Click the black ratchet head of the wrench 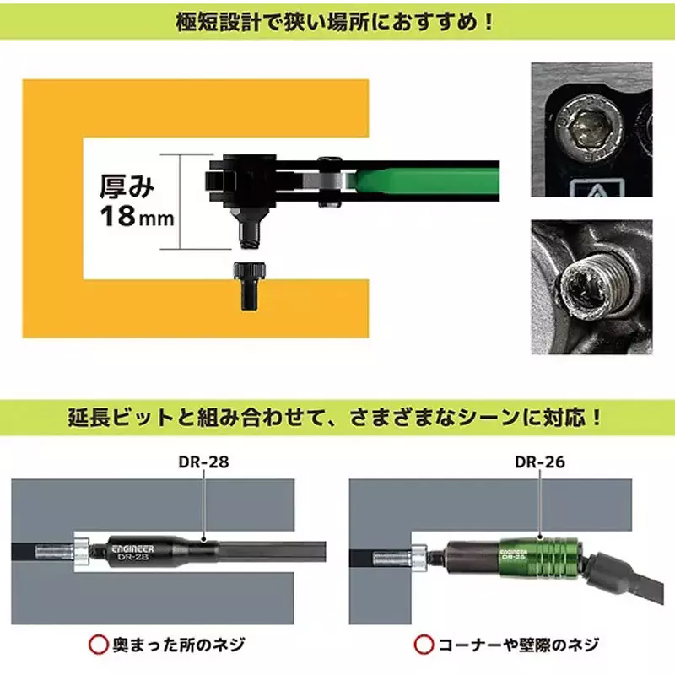coord(240,179)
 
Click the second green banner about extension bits coord(337,418)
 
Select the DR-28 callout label coord(205,462)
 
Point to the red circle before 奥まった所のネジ coord(100,645)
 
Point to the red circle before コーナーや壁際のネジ coord(424,645)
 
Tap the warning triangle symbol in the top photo coord(592,191)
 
